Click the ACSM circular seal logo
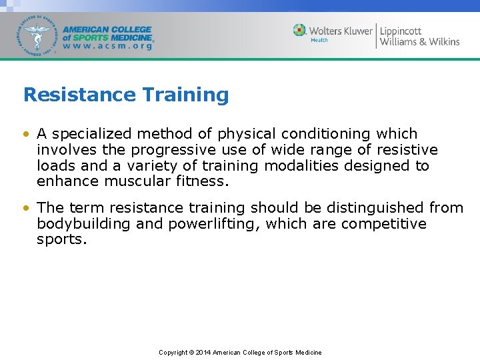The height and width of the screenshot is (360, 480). (x=38, y=35)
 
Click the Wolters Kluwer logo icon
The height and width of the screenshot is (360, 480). (x=300, y=30)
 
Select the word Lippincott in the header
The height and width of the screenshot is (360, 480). (x=401, y=31)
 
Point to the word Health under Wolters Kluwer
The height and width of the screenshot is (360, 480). (x=319, y=40)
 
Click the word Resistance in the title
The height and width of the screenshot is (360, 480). (x=70, y=95)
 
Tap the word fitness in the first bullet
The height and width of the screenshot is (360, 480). (x=203, y=181)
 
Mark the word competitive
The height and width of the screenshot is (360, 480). (x=384, y=224)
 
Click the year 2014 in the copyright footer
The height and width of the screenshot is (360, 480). (x=203, y=353)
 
